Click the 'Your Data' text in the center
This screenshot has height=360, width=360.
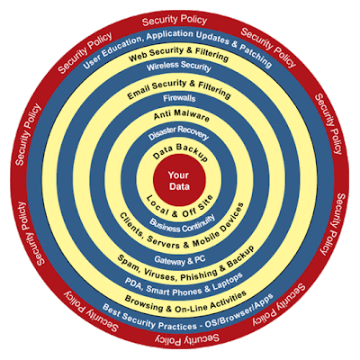tap(179, 181)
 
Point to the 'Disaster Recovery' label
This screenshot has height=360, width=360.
tap(179, 132)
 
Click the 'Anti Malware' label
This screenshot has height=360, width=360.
tap(181, 115)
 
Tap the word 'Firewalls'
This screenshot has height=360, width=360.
tap(179, 98)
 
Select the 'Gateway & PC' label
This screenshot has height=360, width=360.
tap(180, 260)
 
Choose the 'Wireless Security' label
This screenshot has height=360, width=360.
tap(179, 66)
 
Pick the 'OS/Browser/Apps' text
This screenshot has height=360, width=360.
tap(240, 312)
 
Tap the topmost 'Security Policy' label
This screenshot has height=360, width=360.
tap(175, 21)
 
